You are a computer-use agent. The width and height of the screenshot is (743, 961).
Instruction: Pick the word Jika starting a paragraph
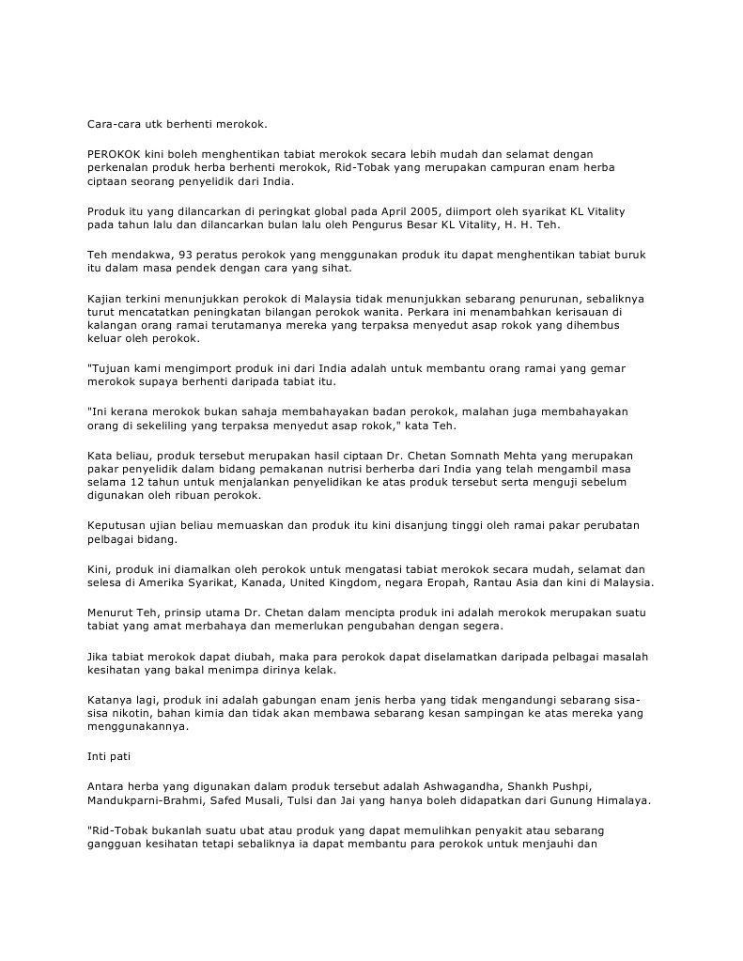tap(99, 656)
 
